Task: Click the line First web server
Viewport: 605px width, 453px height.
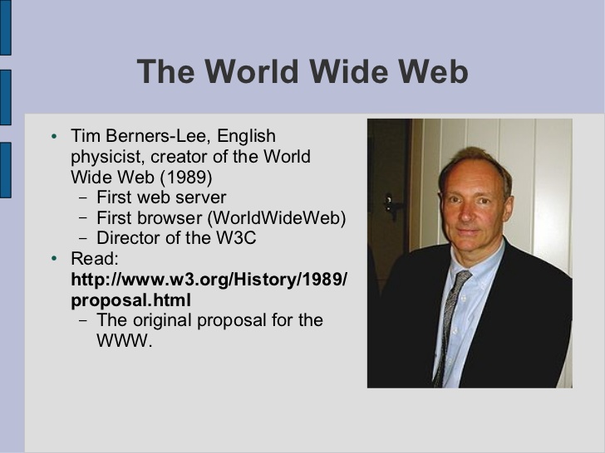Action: pyautogui.click(x=161, y=197)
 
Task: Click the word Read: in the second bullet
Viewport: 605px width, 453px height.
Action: pyautogui.click(x=96, y=259)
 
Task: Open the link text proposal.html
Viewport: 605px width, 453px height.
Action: pyautogui.click(x=131, y=300)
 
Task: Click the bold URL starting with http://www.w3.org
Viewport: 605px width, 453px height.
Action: pyautogui.click(x=209, y=279)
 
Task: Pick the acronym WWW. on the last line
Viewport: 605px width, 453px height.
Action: pyautogui.click(x=125, y=340)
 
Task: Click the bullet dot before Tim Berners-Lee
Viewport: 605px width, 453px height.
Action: pyautogui.click(x=54, y=137)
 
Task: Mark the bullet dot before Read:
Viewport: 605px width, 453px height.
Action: pyautogui.click(x=54, y=260)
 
